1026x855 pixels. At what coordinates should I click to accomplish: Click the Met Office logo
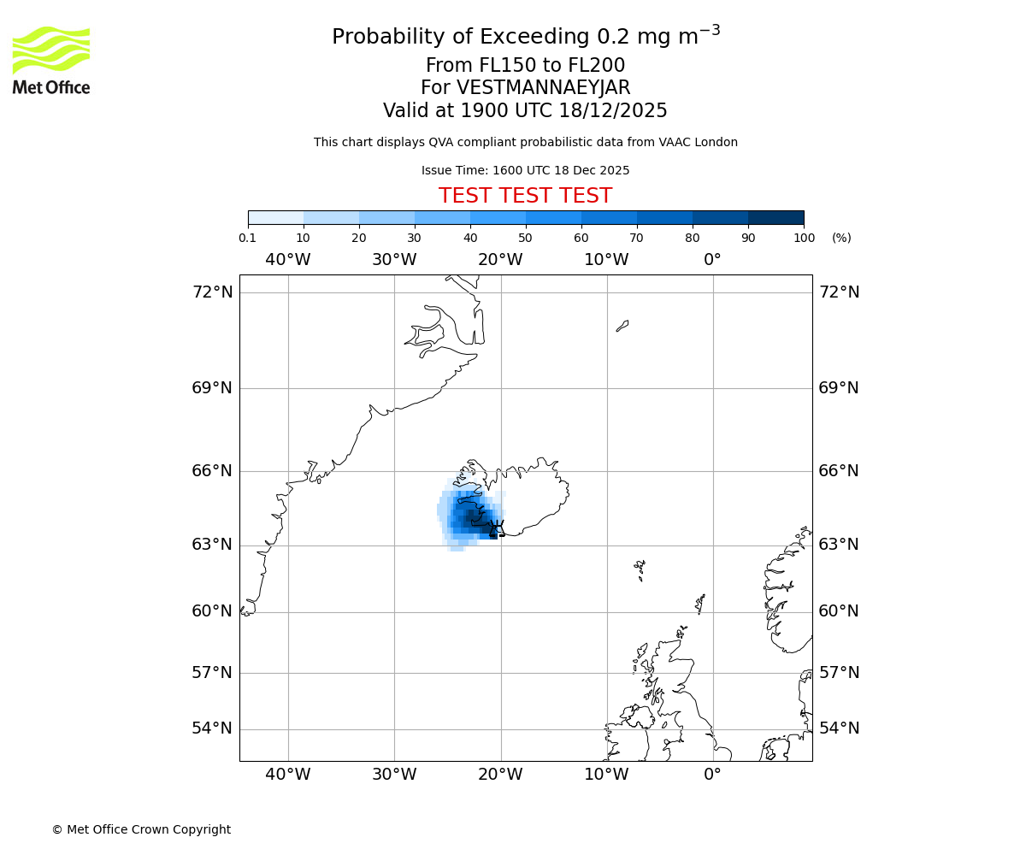(x=51, y=60)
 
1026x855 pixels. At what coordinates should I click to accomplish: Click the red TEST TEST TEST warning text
(x=525, y=196)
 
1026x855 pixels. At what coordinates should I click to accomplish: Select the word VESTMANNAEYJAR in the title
(x=544, y=88)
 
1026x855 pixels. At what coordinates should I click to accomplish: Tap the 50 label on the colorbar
(x=525, y=238)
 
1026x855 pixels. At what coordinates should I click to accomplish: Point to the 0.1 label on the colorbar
(x=247, y=238)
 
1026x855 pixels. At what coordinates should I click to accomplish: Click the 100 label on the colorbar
(x=804, y=238)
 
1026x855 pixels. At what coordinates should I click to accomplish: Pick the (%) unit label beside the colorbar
(x=841, y=238)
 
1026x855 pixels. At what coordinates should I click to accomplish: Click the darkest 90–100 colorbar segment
(x=775, y=217)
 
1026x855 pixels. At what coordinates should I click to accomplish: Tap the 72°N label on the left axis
(x=212, y=292)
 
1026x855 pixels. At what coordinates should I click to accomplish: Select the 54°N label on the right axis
(x=840, y=728)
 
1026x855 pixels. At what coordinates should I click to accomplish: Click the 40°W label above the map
(x=288, y=259)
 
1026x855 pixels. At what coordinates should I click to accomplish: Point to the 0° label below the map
(x=712, y=775)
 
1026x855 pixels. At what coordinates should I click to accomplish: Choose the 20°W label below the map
(x=500, y=775)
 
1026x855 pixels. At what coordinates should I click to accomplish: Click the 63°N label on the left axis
(x=212, y=545)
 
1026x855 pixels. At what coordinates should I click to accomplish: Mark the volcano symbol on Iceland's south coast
(x=497, y=527)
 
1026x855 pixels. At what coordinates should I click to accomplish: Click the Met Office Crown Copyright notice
(x=141, y=829)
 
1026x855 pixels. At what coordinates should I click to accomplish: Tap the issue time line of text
(x=525, y=170)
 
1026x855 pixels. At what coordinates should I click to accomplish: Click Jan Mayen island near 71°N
(x=622, y=326)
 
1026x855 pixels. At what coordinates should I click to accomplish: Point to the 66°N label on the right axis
(x=840, y=471)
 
